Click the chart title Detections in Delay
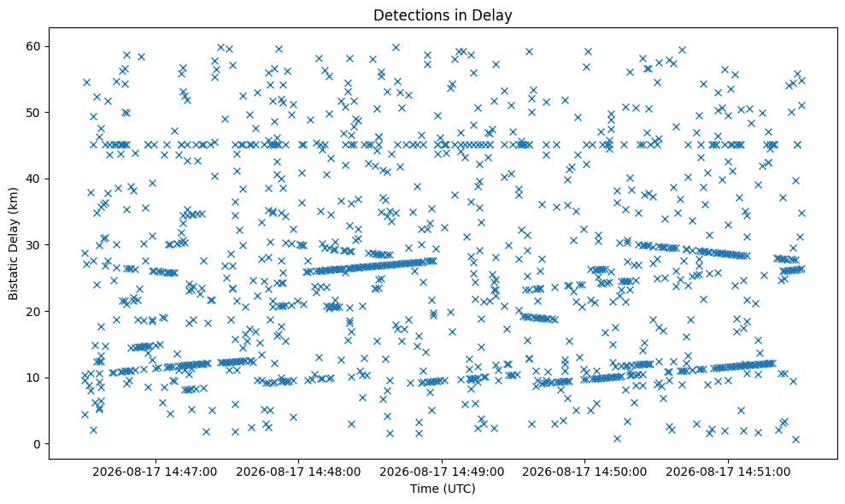point(443,15)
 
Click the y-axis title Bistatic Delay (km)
point(13,243)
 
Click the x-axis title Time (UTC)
point(443,489)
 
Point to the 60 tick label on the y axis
point(34,46)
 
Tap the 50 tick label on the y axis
point(34,113)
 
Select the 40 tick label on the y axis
point(34,179)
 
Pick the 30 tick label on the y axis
point(34,245)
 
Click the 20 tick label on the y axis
point(34,312)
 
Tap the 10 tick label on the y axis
point(34,378)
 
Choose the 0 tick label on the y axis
point(38,444)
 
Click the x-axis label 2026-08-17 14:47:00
point(155,472)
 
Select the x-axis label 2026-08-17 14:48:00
point(298,472)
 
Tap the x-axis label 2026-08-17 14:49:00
point(442,472)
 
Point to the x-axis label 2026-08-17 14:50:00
point(584,472)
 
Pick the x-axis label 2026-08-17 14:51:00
point(728,472)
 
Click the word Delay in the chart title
point(496,15)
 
